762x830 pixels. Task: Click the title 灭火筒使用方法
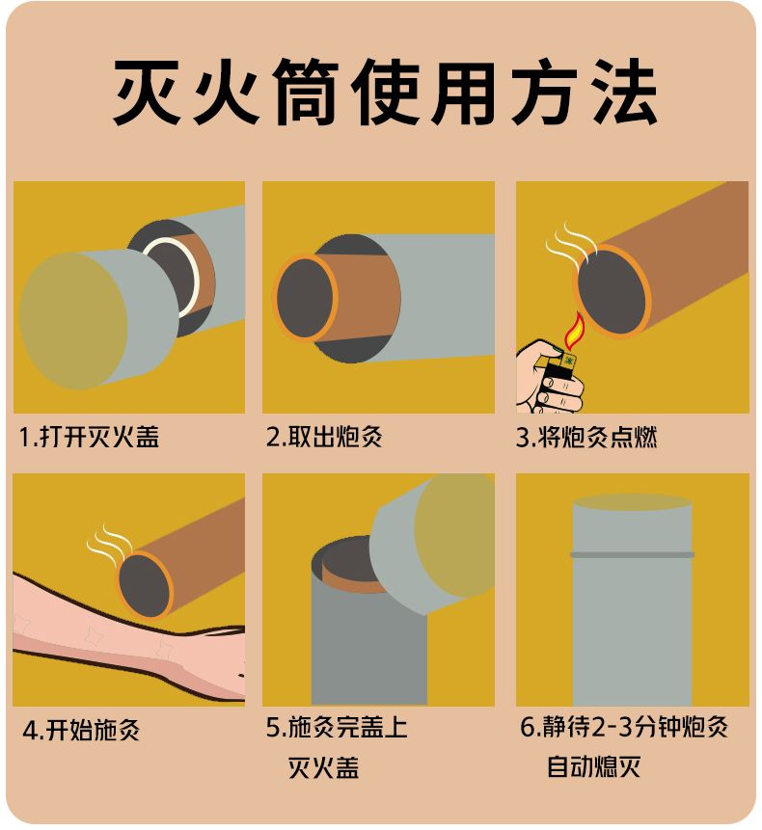pyautogui.click(x=385, y=92)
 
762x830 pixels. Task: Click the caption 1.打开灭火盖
pyautogui.click(x=89, y=438)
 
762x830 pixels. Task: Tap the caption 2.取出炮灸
pyautogui.click(x=324, y=438)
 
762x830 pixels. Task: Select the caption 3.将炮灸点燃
pyautogui.click(x=586, y=438)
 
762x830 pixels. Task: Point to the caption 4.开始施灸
pyautogui.click(x=81, y=730)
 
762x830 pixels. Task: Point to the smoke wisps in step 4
pyautogui.click(x=109, y=542)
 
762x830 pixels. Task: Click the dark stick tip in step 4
pyautogui.click(x=145, y=585)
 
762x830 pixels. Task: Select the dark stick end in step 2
pyautogui.click(x=306, y=298)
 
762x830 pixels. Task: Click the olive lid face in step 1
pyautogui.click(x=73, y=321)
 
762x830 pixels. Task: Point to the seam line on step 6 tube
pyautogui.click(x=632, y=554)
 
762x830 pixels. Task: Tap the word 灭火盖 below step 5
pyautogui.click(x=323, y=767)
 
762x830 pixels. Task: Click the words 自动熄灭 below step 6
pyautogui.click(x=593, y=766)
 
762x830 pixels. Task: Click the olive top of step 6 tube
pyautogui.click(x=632, y=502)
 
